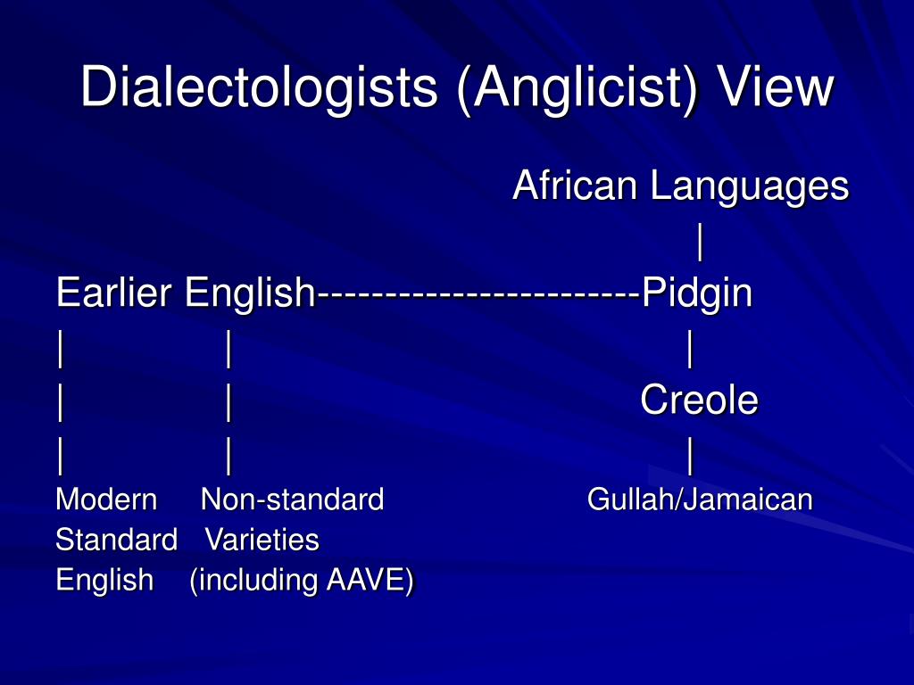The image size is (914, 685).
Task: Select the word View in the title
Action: click(x=777, y=87)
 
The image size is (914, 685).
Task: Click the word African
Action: click(x=575, y=186)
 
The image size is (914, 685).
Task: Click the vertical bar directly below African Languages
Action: click(x=701, y=241)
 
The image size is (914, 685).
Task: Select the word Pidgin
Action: click(x=697, y=293)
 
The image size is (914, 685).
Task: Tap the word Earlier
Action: click(x=116, y=293)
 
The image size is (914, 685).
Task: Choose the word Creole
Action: click(x=699, y=400)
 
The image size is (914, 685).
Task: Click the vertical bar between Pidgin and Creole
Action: click(x=690, y=350)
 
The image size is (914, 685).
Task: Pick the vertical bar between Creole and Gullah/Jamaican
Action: click(x=690, y=457)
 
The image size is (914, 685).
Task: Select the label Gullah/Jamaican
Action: click(x=700, y=499)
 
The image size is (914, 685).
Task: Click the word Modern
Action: click(x=106, y=499)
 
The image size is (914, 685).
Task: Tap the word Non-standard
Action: click(x=293, y=499)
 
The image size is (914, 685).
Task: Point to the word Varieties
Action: click(x=262, y=540)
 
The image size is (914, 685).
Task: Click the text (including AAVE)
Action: click(x=302, y=581)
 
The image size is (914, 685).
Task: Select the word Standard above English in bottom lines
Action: click(x=116, y=540)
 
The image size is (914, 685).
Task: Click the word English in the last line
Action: click(x=104, y=581)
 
